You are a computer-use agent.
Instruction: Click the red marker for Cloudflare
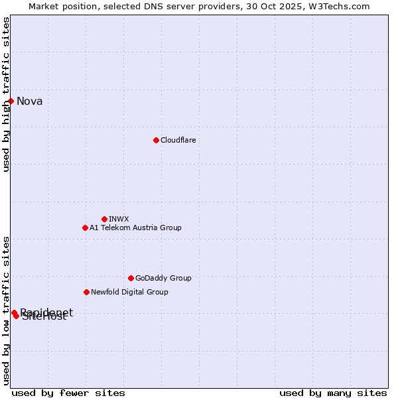[x=156, y=140]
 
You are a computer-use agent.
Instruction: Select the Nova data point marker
[x=11, y=101]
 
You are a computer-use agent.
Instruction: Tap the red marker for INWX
[x=104, y=219]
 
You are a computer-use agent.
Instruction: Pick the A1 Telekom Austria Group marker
[x=85, y=228]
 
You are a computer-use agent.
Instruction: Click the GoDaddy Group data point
[x=131, y=278]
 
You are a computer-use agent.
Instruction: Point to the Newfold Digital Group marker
[x=86, y=292]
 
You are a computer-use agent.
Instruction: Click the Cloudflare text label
[x=178, y=140]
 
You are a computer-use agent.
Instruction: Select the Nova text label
[x=30, y=101]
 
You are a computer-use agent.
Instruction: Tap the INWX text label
[x=119, y=219]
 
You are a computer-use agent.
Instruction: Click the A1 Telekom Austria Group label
[x=135, y=228]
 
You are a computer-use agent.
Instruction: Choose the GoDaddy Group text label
[x=163, y=278]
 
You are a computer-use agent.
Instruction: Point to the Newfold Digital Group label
[x=129, y=292]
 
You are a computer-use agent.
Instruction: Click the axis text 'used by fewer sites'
[x=68, y=393]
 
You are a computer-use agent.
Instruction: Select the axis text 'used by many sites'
[x=333, y=393]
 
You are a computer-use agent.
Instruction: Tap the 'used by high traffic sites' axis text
[x=6, y=94]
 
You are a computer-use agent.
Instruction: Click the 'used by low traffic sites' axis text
[x=6, y=310]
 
